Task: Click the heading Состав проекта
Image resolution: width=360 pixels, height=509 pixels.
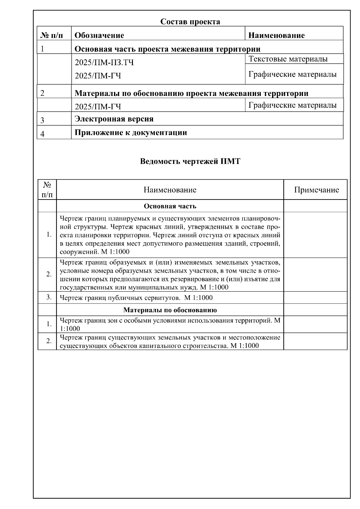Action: pos(190,22)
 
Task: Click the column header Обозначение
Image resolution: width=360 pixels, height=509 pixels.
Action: pos(99,35)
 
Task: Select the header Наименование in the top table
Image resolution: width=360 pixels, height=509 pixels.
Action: pos(277,35)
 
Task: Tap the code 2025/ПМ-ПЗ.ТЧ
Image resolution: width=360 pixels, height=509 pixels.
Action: pos(104,63)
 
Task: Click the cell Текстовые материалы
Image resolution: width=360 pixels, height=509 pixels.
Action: pos(288,59)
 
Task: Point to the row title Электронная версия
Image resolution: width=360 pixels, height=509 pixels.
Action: pos(114,119)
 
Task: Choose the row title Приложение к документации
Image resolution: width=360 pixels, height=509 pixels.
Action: pos(130,133)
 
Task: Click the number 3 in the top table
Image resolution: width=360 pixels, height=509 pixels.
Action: pos(42,121)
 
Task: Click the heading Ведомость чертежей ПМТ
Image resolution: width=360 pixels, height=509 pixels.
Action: pos(190,161)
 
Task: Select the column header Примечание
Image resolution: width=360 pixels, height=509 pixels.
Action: pos(316,190)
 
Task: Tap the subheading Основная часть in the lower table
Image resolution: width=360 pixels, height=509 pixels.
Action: pos(170,206)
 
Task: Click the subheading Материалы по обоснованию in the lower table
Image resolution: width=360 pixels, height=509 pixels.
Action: pos(170,310)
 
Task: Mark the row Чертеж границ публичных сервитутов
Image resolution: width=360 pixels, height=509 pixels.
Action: pos(136,298)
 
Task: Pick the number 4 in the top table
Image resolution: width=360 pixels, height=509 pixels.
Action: pos(42,134)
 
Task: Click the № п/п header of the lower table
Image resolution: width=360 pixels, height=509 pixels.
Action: pos(47,190)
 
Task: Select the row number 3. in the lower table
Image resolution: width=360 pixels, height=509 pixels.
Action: pos(49,297)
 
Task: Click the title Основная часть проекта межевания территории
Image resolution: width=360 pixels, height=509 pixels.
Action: pos(167,49)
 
